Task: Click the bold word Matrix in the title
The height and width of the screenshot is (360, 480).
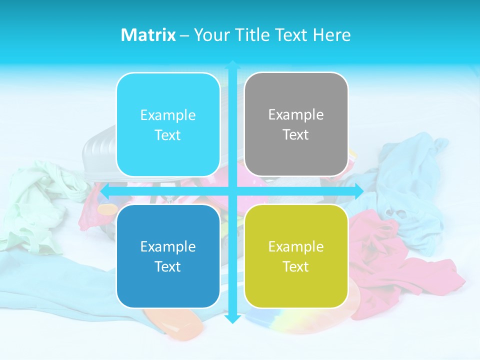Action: [148, 35]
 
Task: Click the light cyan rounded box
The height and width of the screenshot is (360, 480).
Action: [168, 125]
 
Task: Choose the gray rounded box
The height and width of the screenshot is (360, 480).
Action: [296, 124]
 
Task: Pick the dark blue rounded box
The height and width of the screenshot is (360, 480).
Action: [168, 256]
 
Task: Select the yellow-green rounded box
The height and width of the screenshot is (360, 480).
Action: [296, 256]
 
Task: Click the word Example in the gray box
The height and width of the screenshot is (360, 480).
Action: [296, 115]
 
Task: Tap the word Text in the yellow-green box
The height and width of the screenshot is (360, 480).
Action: [296, 266]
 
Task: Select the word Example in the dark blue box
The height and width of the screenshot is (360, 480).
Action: [168, 246]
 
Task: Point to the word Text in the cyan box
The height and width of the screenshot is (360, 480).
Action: [168, 135]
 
